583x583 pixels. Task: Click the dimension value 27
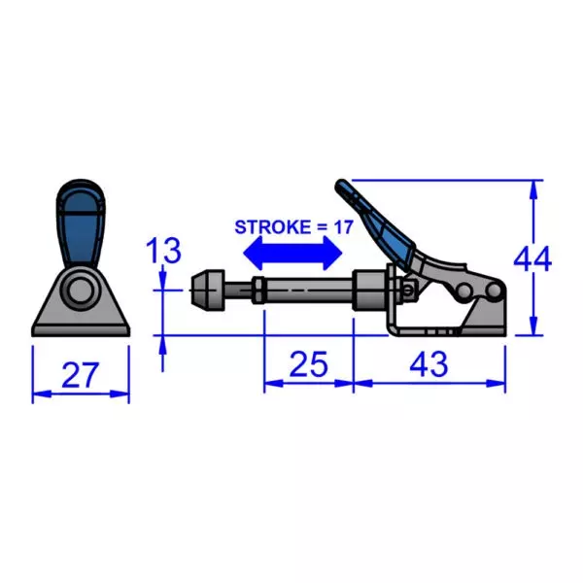80,373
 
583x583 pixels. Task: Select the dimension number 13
163,251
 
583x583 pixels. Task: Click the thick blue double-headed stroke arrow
291,255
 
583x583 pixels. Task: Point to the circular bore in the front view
80,291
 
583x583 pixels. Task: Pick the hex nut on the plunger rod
259,289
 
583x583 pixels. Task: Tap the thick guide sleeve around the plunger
370,290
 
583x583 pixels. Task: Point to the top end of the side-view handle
342,185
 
